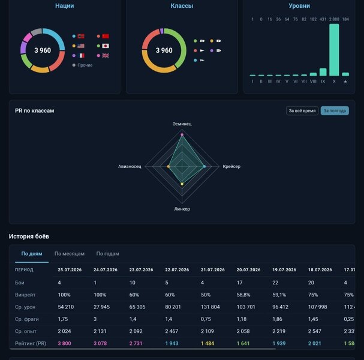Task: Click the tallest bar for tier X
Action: pyautogui.click(x=334, y=50)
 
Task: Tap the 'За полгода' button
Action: pyautogui.click(x=335, y=111)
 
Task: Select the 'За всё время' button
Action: pyautogui.click(x=302, y=111)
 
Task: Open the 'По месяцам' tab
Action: pyautogui.click(x=70, y=254)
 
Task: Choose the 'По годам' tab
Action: pyautogui.click(x=108, y=254)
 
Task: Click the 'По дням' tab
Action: pyautogui.click(x=32, y=254)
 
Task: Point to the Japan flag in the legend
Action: pyautogui.click(x=106, y=46)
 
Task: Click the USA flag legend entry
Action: pyautogui.click(x=81, y=46)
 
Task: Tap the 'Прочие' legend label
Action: pyautogui.click(x=85, y=65)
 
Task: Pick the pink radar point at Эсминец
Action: pyautogui.click(x=182, y=135)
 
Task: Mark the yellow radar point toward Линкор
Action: pyautogui.click(x=182, y=184)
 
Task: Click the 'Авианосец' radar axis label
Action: pyautogui.click(x=130, y=167)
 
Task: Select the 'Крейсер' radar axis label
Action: pyautogui.click(x=231, y=167)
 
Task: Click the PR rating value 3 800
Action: pyautogui.click(x=65, y=343)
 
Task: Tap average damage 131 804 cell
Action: pyautogui.click(x=210, y=307)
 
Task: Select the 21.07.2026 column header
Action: pyautogui.click(x=213, y=270)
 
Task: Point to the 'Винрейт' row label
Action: pyautogui.click(x=25, y=295)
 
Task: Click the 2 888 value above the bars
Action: pyautogui.click(x=334, y=19)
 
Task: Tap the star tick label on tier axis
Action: pyautogui.click(x=345, y=82)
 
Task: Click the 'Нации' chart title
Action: pyautogui.click(x=65, y=6)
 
